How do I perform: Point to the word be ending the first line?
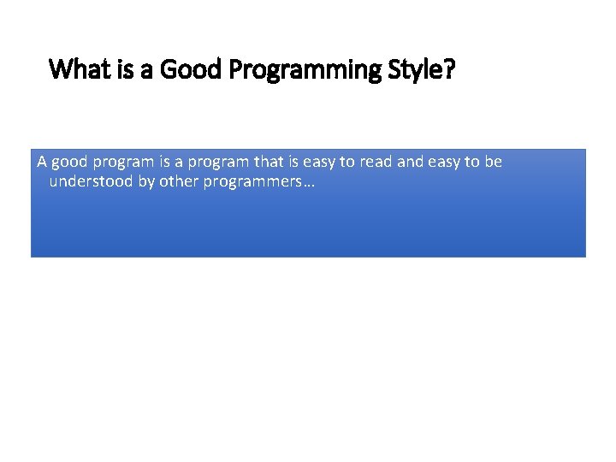point(494,163)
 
